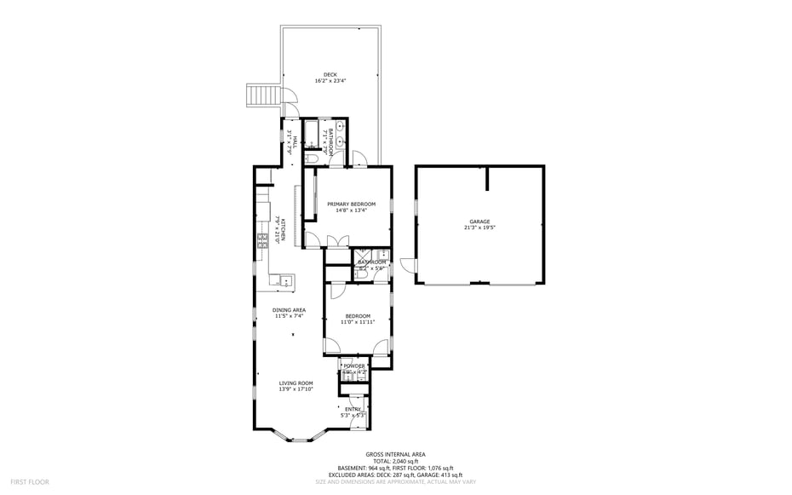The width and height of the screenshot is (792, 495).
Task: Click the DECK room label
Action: pos(330,74)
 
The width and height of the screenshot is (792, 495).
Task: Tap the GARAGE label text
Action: pos(480,222)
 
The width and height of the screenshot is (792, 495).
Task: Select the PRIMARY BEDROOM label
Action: pos(351,204)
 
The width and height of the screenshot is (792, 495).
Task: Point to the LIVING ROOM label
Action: pos(296,383)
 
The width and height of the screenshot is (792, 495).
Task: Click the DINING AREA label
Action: pos(290,310)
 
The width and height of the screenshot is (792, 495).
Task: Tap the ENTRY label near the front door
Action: pos(353,409)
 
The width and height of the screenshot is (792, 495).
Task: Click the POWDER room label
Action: pos(353,365)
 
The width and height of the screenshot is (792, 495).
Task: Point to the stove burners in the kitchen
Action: pos(262,241)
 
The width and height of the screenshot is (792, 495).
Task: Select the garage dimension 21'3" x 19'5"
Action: pos(480,228)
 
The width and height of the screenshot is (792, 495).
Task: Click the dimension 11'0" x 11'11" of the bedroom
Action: pos(358,322)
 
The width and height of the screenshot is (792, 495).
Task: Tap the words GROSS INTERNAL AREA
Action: pos(395,454)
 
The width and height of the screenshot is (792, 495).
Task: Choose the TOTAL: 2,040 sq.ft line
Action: pos(395,461)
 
